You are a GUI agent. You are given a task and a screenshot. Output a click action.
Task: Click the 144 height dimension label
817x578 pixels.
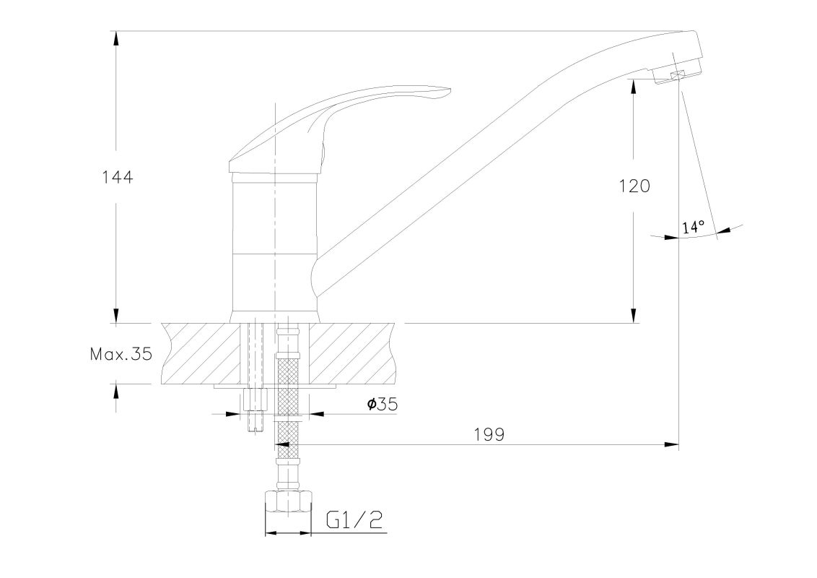pyautogui.click(x=117, y=177)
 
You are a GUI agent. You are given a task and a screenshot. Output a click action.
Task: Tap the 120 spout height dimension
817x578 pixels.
pyautogui.click(x=634, y=186)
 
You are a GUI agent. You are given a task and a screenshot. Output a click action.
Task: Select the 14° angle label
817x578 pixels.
pyautogui.click(x=693, y=227)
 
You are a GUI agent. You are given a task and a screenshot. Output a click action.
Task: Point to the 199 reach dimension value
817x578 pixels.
pyautogui.click(x=489, y=434)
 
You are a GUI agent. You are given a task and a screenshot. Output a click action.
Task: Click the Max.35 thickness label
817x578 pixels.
pyautogui.click(x=121, y=355)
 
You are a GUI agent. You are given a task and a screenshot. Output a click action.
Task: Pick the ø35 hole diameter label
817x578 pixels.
pyautogui.click(x=382, y=404)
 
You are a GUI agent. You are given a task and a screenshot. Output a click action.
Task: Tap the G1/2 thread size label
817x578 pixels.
pyautogui.click(x=355, y=519)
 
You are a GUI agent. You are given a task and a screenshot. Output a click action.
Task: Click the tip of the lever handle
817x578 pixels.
pyautogui.click(x=449, y=90)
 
